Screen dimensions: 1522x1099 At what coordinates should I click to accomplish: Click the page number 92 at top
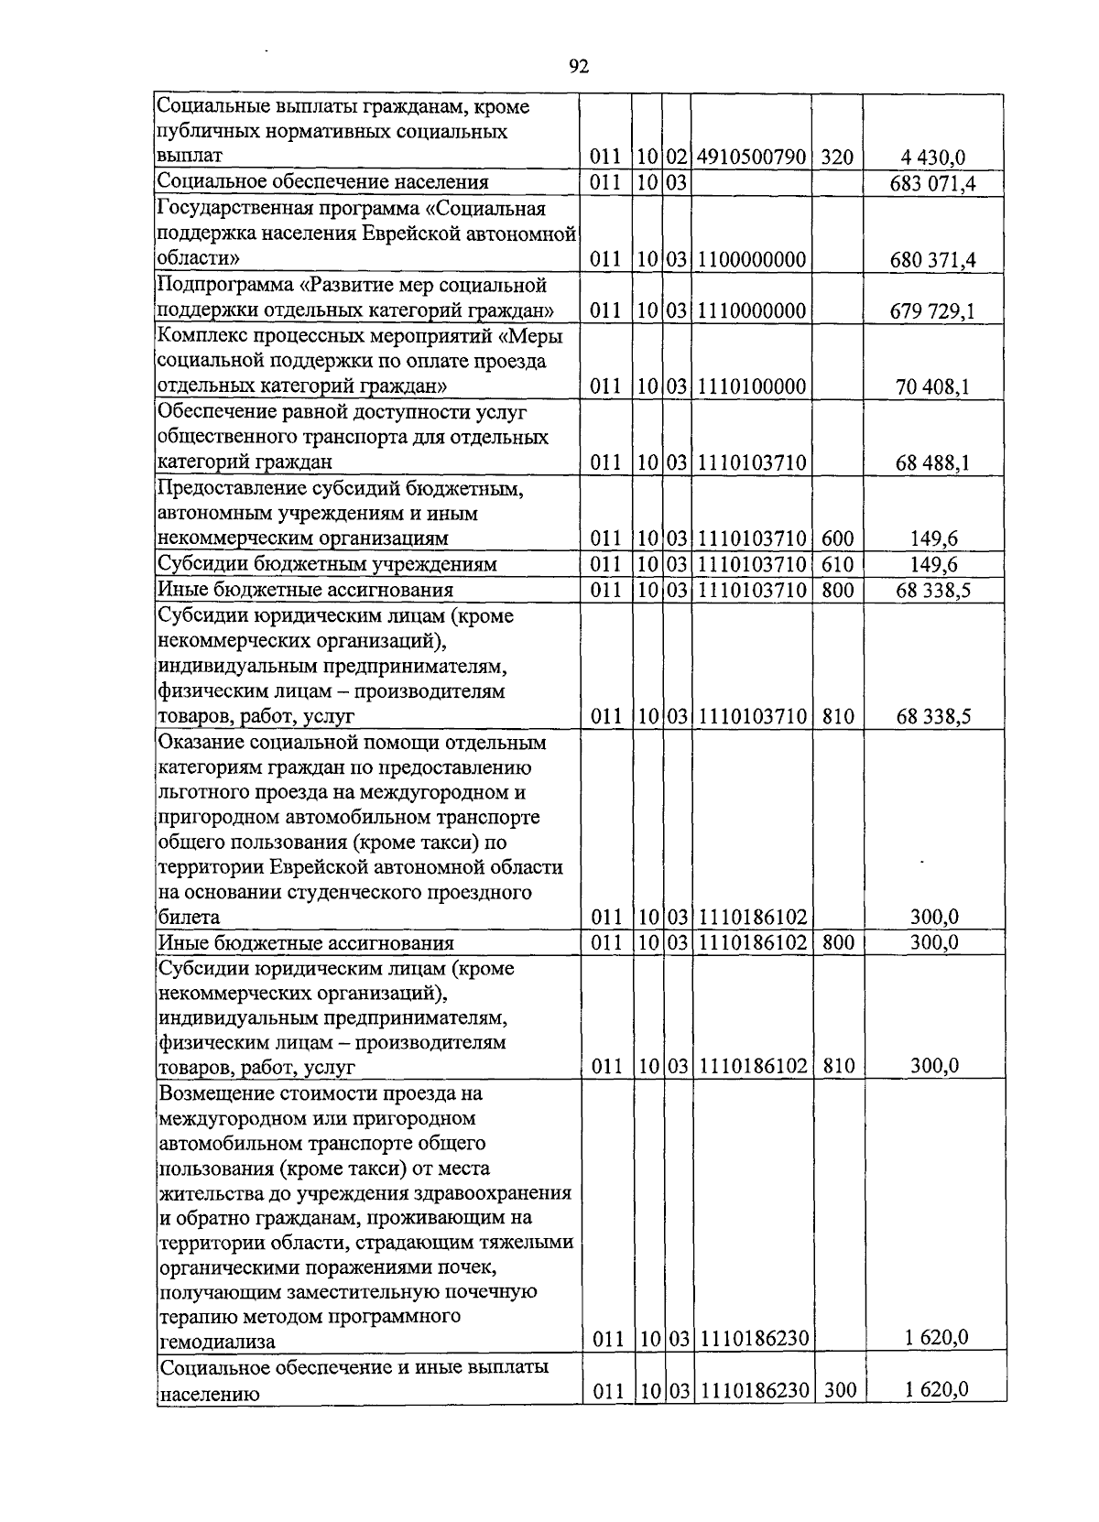578,66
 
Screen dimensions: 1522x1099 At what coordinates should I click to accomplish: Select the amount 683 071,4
932,183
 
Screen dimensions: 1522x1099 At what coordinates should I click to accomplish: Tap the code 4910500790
751,158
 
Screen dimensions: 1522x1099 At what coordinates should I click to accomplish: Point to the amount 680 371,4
932,260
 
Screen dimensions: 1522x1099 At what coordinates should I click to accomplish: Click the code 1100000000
751,260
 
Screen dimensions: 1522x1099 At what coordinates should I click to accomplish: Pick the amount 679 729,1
932,311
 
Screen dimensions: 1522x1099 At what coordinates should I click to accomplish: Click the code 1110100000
751,387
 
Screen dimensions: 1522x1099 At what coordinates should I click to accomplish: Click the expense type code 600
837,538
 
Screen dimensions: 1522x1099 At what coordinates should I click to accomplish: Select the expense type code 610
837,564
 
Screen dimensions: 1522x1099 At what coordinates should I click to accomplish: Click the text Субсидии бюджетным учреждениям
327,564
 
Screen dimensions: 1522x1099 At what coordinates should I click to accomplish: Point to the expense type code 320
837,158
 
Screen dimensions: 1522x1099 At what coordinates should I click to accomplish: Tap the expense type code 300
839,1390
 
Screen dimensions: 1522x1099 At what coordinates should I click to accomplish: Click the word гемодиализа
217,1342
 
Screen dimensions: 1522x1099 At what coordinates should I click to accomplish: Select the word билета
189,917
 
